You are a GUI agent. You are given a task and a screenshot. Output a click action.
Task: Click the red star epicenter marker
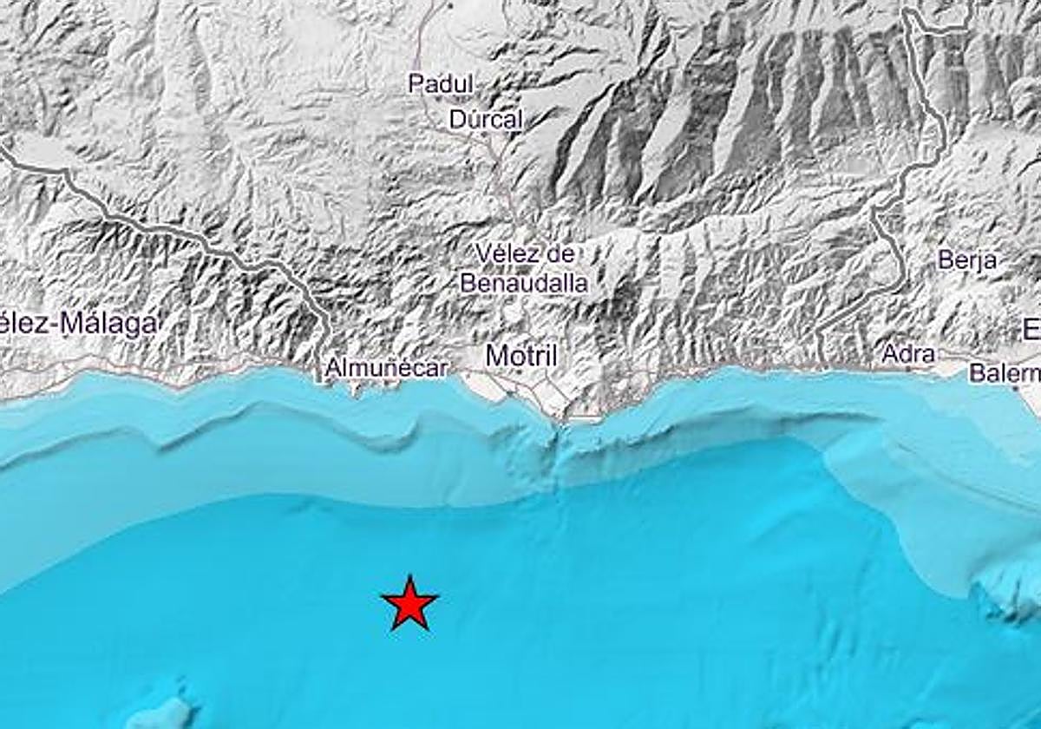click(x=409, y=602)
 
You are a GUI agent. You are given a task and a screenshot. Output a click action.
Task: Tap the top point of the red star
click(x=409, y=575)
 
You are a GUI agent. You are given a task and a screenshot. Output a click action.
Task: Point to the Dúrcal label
click(x=486, y=120)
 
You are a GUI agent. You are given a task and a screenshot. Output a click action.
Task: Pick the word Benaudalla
click(x=524, y=283)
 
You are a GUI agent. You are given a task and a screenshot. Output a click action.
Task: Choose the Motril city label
click(x=520, y=355)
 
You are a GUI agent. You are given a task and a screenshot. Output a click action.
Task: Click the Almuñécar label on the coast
click(x=386, y=369)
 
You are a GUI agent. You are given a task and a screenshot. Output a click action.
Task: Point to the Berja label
click(x=967, y=259)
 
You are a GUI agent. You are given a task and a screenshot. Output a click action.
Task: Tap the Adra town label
click(x=908, y=354)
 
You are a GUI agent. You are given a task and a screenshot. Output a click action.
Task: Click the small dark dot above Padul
click(x=451, y=4)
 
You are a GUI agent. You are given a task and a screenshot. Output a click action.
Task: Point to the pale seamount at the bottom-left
click(x=160, y=712)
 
